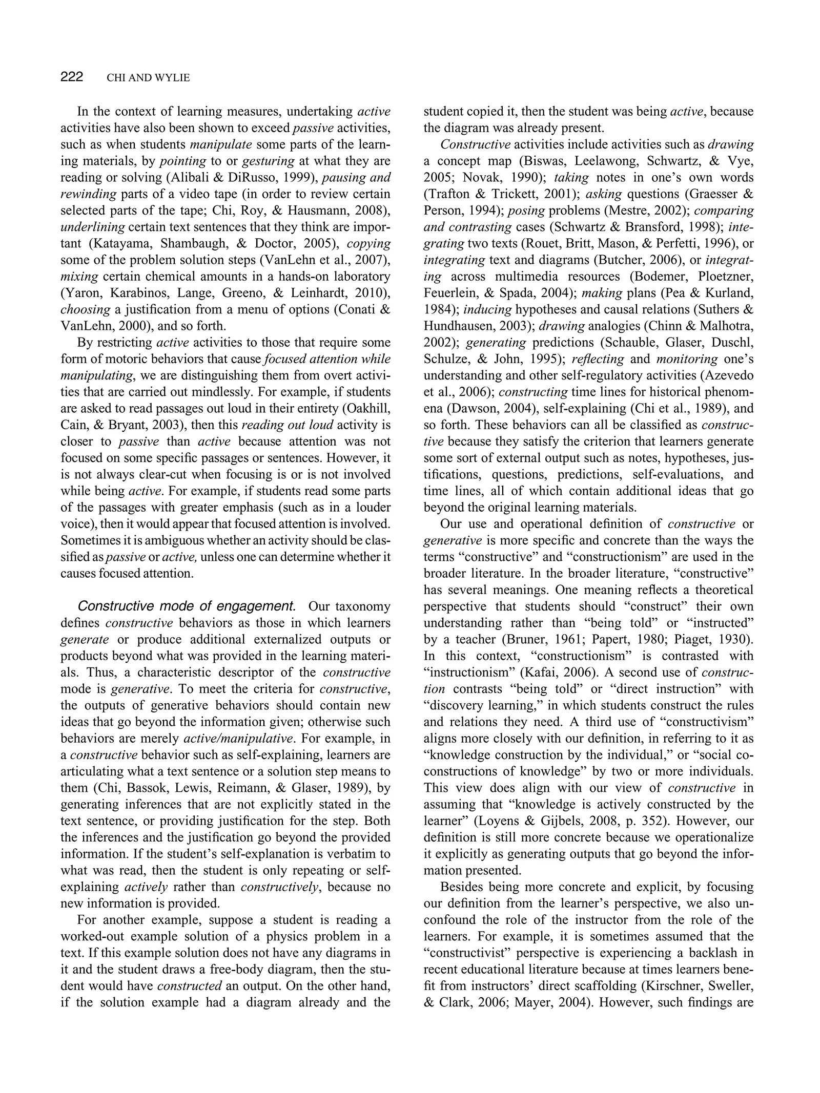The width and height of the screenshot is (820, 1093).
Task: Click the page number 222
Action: click(x=72, y=77)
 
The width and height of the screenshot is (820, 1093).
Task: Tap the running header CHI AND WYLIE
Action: click(x=148, y=78)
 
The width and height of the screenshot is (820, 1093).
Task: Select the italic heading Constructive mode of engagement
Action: click(x=187, y=606)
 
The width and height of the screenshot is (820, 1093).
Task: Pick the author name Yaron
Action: click(x=81, y=293)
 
